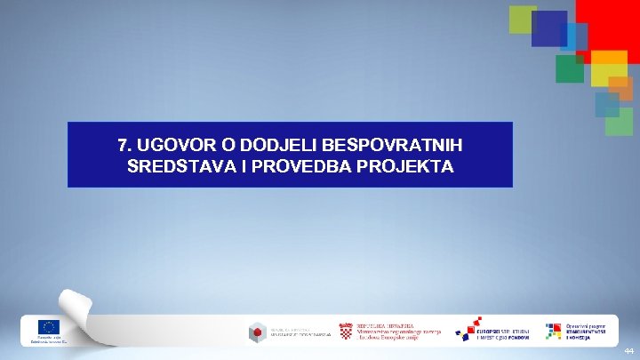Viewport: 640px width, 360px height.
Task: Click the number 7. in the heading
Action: coord(125,144)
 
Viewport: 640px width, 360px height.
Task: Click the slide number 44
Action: coord(628,352)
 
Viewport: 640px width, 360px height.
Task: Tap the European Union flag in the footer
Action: coord(48,327)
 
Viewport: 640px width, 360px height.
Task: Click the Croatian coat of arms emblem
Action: coord(346,331)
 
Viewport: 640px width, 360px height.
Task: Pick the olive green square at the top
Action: coord(522,18)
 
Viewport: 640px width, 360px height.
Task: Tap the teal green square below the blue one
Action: coord(569,68)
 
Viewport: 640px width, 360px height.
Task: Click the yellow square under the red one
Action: coord(609,67)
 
